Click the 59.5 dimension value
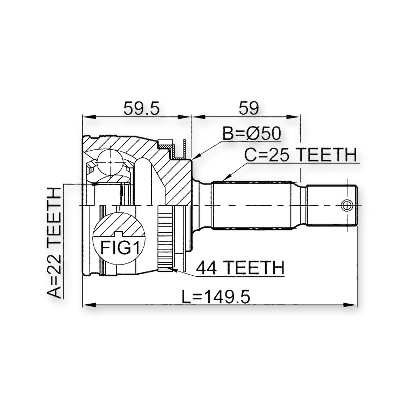[141, 108]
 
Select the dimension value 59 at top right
[248, 108]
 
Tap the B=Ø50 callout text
[252, 133]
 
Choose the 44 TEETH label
[240, 268]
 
